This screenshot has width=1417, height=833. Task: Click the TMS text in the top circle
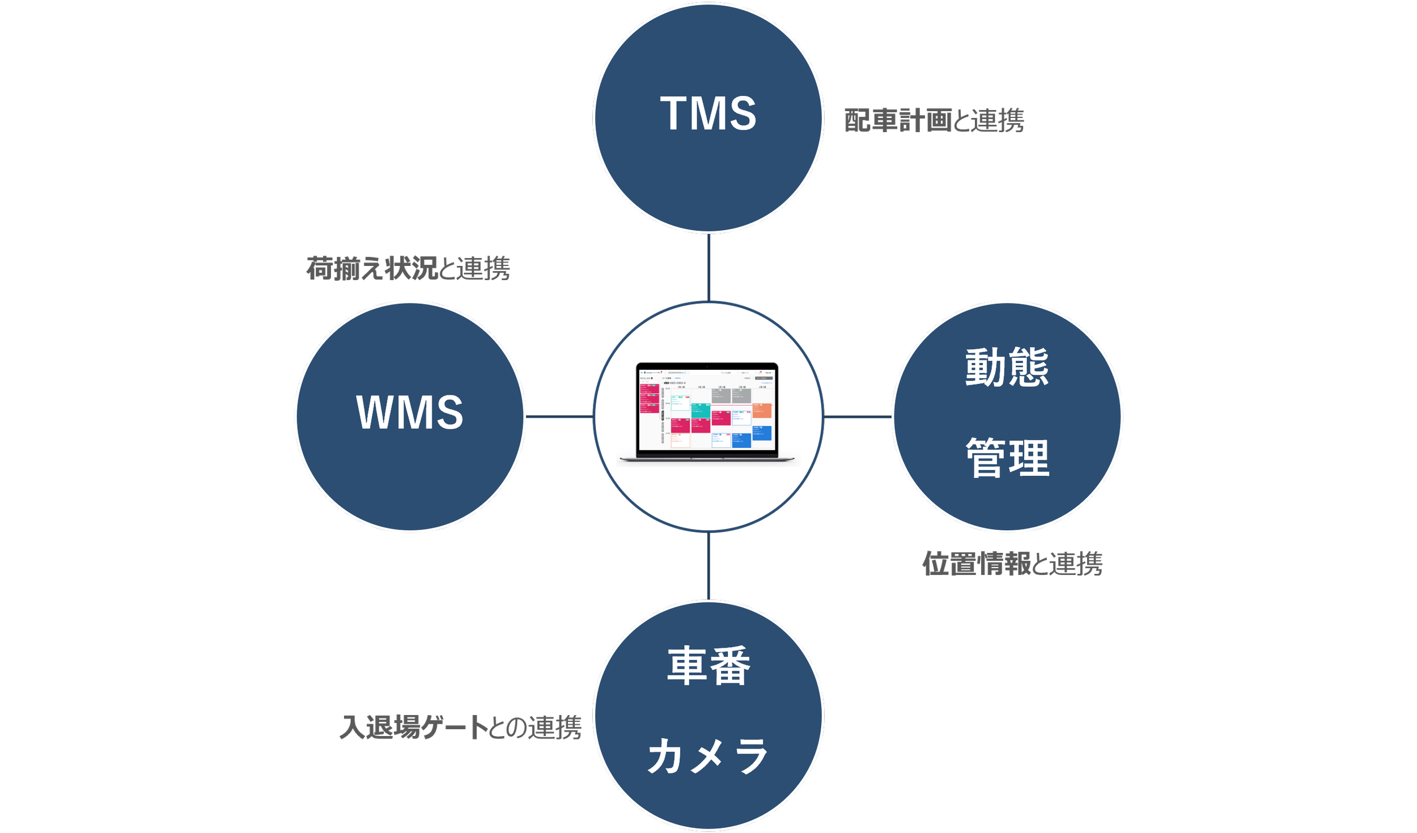[x=708, y=113]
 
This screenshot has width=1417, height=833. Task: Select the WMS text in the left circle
[x=410, y=412]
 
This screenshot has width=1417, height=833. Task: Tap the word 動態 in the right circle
[x=1007, y=367]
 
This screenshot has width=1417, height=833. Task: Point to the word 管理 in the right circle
[x=1007, y=458]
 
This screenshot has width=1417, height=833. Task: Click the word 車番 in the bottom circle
[x=708, y=666]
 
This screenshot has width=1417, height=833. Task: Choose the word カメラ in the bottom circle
[x=708, y=756]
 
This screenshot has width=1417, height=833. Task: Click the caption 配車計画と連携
[x=934, y=121]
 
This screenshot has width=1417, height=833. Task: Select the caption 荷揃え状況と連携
[x=408, y=268]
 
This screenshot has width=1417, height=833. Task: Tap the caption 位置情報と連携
[x=1012, y=564]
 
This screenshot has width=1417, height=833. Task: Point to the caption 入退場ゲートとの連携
[x=460, y=728]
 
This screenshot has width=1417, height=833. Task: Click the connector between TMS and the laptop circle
[x=708, y=267]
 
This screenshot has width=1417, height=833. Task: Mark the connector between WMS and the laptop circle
[x=558, y=416]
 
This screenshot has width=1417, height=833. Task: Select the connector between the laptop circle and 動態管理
[x=857, y=417]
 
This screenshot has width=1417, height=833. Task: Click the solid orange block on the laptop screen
[x=762, y=411]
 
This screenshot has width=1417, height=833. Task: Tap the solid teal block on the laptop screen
[x=701, y=410]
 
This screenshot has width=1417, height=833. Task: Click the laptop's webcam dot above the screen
[x=707, y=367]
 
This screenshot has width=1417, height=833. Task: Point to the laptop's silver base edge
[x=707, y=458]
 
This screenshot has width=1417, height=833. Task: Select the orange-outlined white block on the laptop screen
[x=680, y=440]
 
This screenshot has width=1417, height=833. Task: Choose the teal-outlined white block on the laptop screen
[x=680, y=403]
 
